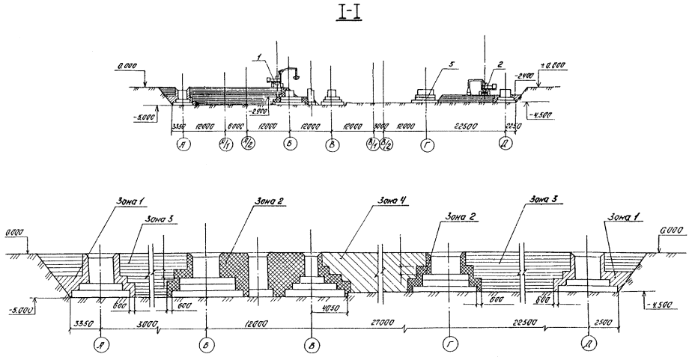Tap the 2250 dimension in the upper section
click(x=513, y=126)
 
